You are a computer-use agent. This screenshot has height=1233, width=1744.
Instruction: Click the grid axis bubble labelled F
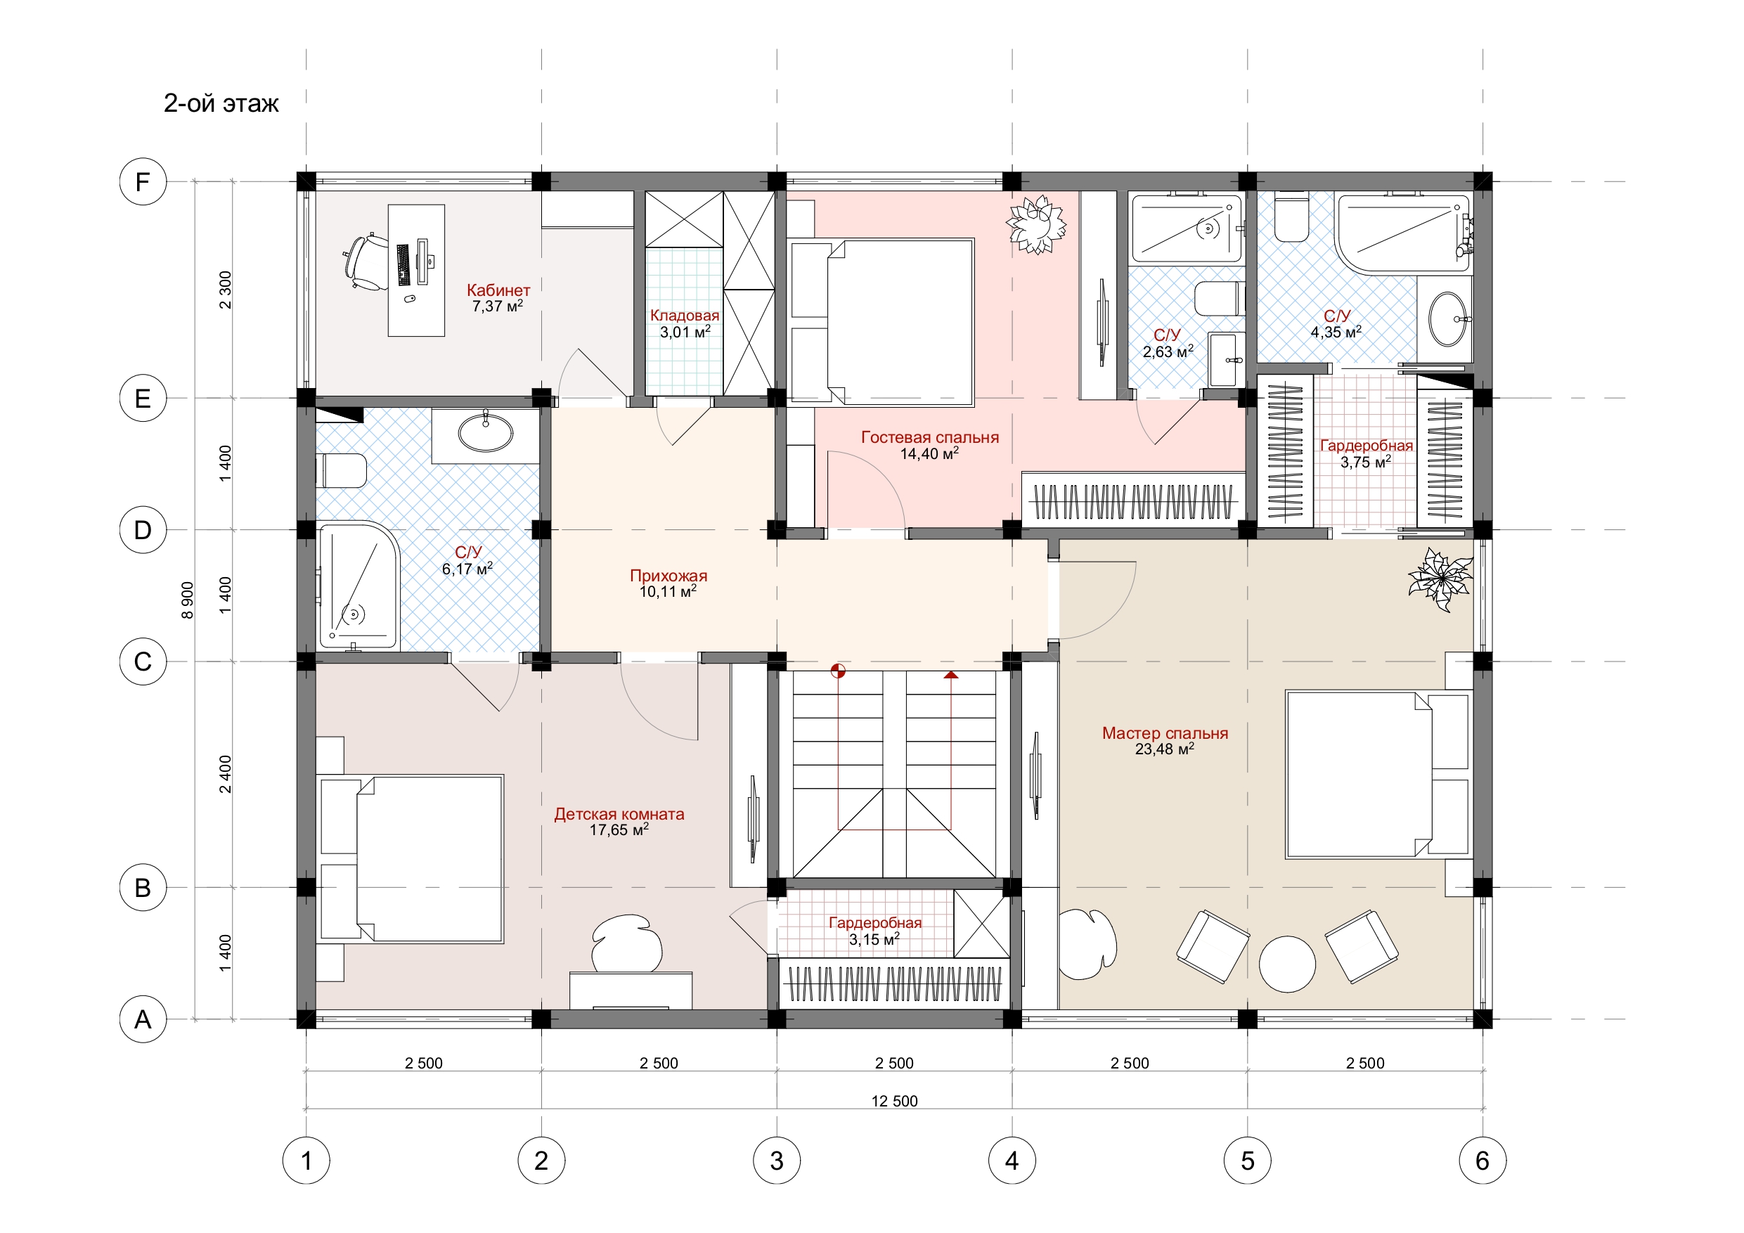(143, 182)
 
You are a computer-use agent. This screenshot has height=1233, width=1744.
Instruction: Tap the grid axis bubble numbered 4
(1012, 1161)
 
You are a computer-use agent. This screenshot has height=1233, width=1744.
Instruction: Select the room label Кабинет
(498, 290)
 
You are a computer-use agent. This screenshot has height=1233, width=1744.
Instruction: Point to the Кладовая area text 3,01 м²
(685, 331)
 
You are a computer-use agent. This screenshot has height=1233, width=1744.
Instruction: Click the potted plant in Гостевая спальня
(1036, 225)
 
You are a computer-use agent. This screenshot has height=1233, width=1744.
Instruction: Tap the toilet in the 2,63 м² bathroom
(1219, 299)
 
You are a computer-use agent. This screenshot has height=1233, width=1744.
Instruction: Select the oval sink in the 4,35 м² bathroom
(1448, 320)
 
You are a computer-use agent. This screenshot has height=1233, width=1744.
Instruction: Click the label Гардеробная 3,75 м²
(1367, 453)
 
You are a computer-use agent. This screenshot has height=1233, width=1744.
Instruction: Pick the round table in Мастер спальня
(1286, 963)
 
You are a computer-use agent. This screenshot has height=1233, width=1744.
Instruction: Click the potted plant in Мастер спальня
(1440, 580)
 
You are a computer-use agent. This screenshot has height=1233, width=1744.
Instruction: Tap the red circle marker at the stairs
(838, 671)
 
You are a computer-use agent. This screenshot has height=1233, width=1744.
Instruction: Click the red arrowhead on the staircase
(951, 675)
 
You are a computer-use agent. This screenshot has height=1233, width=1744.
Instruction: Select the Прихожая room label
(668, 576)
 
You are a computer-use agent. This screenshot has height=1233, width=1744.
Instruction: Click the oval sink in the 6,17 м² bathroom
(485, 434)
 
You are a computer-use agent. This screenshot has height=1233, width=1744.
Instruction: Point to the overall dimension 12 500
(895, 1101)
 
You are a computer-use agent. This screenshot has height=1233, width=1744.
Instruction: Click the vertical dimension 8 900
(188, 600)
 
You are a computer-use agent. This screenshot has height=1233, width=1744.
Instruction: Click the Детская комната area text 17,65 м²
(619, 829)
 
